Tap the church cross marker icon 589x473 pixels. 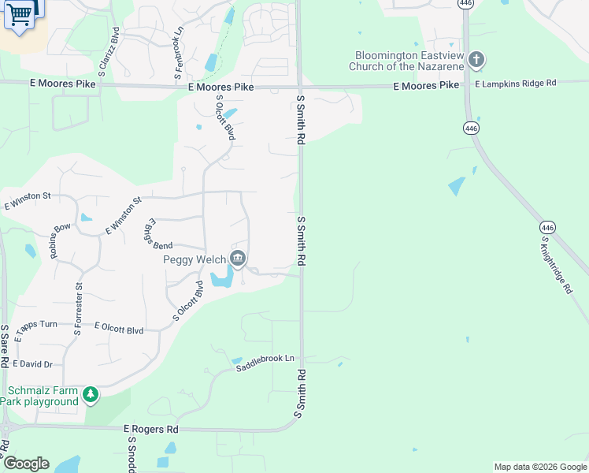tap(476, 60)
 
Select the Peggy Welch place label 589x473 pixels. tap(194, 259)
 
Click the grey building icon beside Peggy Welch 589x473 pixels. tap(237, 259)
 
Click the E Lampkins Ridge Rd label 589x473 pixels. tap(516, 83)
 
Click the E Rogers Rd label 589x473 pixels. tap(151, 429)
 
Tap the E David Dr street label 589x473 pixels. tap(32, 364)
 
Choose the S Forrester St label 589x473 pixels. tap(78, 309)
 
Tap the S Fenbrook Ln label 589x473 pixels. tap(180, 53)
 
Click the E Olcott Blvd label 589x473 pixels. tap(119, 327)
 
